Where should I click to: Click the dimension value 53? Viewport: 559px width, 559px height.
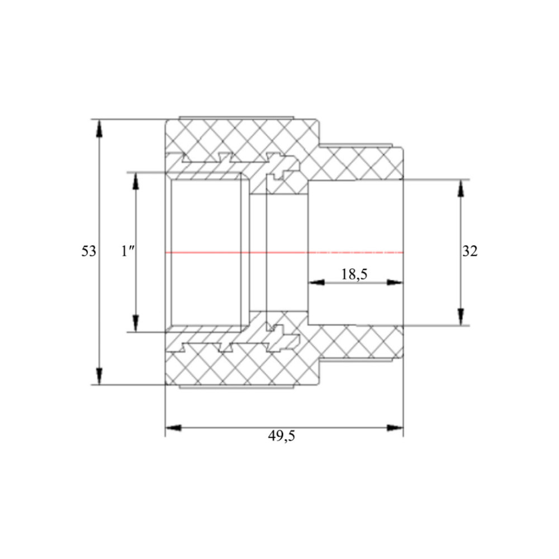coord(89,251)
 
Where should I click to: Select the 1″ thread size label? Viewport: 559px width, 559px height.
coord(127,252)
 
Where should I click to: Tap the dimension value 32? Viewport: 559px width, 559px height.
coord(470,252)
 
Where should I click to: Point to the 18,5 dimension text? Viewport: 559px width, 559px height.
coord(354,274)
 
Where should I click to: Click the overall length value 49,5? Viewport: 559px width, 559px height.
coord(282,435)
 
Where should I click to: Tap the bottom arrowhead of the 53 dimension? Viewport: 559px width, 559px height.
coord(100,376)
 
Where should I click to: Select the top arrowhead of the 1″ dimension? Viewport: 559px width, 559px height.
coord(135,182)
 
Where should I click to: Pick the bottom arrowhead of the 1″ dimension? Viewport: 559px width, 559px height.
coord(135,323)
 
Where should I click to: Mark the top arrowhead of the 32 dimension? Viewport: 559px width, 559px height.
coord(461,188)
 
